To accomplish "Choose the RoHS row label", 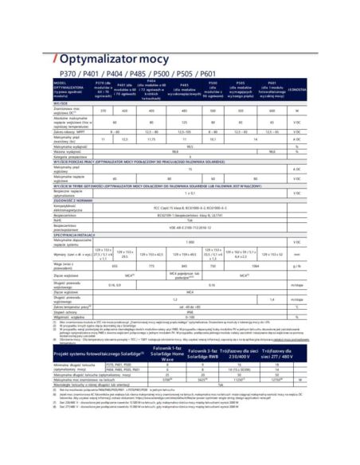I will tap(58, 197).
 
